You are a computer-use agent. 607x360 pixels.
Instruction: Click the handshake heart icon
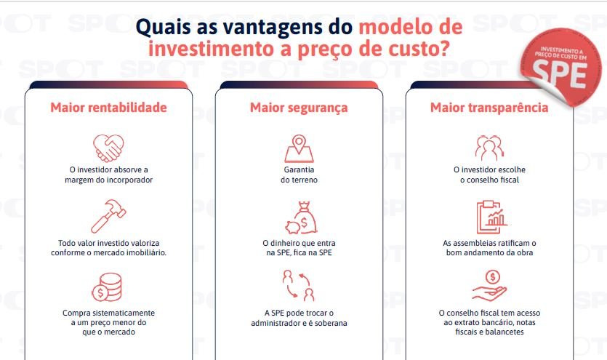108,148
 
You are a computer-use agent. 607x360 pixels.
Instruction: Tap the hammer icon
108,216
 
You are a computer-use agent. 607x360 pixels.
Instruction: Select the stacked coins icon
107,287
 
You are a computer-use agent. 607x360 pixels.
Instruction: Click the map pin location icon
299,148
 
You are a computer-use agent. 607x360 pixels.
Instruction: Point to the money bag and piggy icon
302,217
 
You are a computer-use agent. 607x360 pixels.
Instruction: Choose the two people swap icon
299,286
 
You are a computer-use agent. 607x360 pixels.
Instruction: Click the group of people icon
489,148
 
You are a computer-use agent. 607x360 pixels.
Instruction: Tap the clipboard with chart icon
491,217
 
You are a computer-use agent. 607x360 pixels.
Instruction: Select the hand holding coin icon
489,286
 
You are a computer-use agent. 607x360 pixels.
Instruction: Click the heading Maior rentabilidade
108,107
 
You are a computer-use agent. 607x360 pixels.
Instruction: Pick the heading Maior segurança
299,108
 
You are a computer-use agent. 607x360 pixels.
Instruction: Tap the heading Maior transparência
489,107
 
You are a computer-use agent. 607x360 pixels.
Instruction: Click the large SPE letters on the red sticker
560,75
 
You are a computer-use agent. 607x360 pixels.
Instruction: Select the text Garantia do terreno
299,175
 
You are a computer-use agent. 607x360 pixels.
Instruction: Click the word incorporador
129,180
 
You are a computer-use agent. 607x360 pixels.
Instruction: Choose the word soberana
331,323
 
